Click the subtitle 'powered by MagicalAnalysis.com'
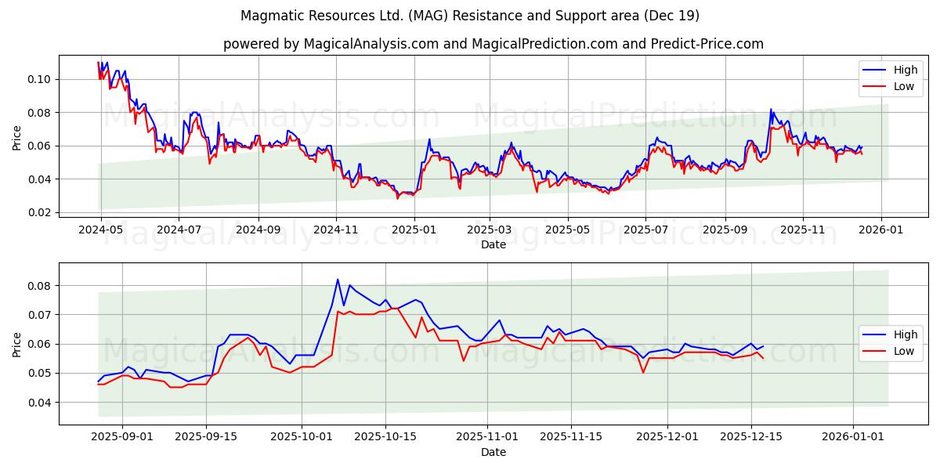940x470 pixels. (x=493, y=44)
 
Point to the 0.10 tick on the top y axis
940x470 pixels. (x=39, y=79)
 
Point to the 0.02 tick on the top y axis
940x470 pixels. (x=39, y=212)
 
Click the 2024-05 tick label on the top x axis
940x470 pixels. (x=99, y=230)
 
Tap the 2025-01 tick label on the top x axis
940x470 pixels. (x=414, y=230)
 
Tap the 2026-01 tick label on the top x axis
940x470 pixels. (x=881, y=230)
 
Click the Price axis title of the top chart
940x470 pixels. (x=17, y=138)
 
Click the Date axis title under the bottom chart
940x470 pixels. (x=493, y=452)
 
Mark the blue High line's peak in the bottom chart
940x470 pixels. (x=338, y=280)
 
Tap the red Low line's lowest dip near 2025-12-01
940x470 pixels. (x=643, y=372)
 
